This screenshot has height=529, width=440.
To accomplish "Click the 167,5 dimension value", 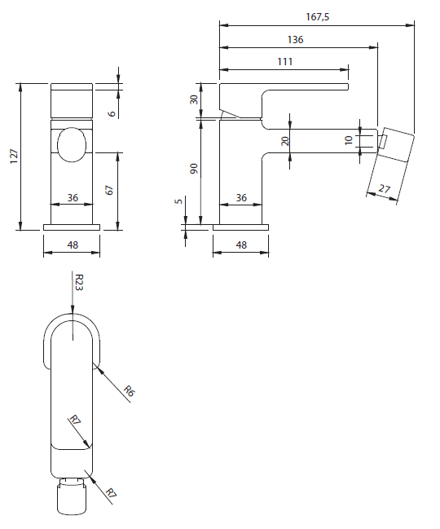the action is tap(317, 17).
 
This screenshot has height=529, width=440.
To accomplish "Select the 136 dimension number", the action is tap(295, 39).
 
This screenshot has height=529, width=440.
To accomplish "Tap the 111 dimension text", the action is tap(285, 61).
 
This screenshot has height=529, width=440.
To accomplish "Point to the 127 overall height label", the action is tap(14, 156).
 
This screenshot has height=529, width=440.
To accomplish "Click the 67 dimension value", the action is tap(109, 190).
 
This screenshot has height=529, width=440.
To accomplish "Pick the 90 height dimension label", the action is tap(194, 169).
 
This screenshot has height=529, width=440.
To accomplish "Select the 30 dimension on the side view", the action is tap(194, 99).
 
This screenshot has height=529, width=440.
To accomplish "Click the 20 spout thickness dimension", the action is tap(285, 141).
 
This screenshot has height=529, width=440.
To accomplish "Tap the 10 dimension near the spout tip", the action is tap(349, 140).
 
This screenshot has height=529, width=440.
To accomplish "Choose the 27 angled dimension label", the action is tap(384, 188).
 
